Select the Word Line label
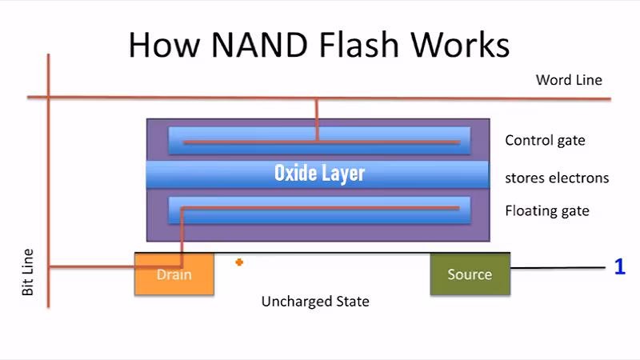point(569,80)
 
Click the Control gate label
point(545,141)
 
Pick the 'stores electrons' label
point(557,178)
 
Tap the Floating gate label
point(547,211)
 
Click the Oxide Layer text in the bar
point(319,173)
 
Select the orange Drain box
point(174,274)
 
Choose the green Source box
point(470,274)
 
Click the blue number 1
point(619,267)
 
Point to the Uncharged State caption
point(315,302)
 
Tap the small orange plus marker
point(239,262)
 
